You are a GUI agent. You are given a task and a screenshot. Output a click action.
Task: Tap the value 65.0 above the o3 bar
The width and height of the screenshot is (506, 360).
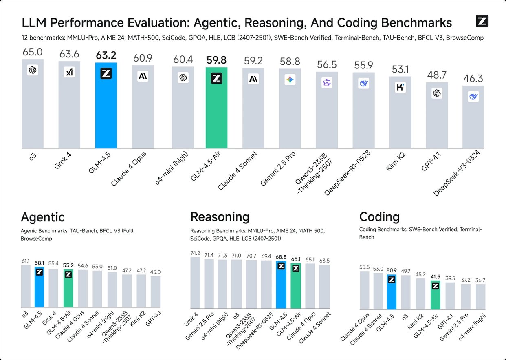33,53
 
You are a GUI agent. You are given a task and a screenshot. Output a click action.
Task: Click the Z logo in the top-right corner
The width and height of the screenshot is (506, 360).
482,21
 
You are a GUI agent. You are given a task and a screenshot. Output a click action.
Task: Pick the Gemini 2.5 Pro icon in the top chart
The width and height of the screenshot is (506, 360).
290,80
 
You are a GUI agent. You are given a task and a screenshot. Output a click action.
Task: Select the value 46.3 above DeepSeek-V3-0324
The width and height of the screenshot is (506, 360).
473,79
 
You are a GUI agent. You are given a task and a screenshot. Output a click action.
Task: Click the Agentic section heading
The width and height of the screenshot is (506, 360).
42,216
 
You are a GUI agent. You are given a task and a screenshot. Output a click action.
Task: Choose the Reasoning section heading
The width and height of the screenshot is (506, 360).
220,216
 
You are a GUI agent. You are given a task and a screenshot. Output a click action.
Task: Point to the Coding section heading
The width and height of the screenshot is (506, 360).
379,216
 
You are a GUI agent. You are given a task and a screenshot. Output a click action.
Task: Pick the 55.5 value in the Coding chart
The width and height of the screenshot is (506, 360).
364,267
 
